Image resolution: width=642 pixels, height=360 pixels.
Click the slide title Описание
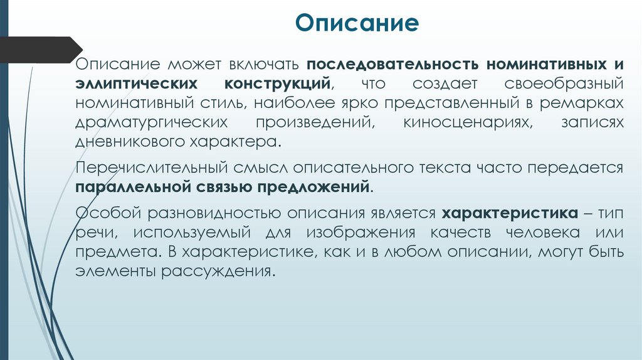coord(357,24)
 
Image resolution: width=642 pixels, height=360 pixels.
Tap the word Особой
coord(107,213)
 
